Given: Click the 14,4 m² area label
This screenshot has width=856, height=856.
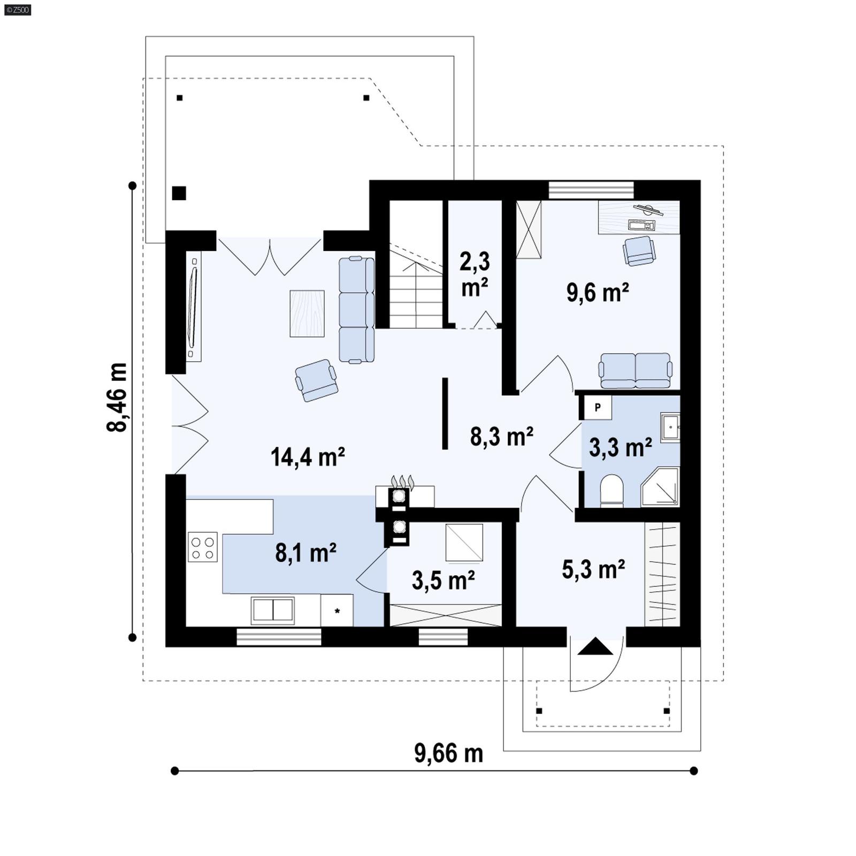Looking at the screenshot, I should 308,457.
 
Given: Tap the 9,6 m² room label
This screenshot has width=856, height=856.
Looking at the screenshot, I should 598,293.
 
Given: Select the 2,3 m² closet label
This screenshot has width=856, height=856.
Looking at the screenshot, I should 475,274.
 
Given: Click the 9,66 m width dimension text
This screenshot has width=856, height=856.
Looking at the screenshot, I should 448,753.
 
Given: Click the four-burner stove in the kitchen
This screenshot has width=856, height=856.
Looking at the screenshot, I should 203,547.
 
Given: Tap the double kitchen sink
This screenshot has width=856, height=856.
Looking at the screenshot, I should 273,610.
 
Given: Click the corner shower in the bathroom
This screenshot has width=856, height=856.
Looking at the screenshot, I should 661,486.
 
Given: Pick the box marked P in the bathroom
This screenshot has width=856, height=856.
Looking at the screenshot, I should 598,407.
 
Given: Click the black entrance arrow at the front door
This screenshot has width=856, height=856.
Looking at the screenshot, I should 595,647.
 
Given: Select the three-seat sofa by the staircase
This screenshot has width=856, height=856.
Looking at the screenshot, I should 356,309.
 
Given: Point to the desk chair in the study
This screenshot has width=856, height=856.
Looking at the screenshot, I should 639,250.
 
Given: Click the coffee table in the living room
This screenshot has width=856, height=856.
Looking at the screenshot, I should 307,314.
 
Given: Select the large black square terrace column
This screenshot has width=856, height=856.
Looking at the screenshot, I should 179,193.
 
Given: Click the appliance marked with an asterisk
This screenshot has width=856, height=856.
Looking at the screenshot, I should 337,610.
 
